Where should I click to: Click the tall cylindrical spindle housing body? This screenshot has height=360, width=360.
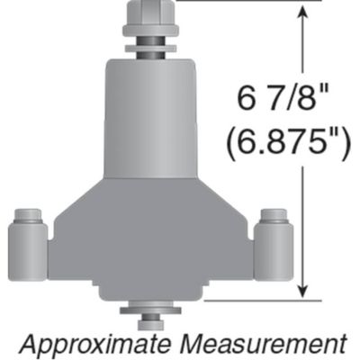(148, 117)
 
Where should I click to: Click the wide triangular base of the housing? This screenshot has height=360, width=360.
(148, 238)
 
